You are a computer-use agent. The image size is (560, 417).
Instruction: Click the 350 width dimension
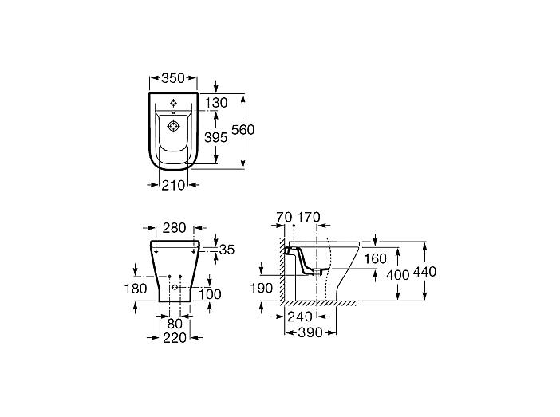pyautogui.click(x=173, y=78)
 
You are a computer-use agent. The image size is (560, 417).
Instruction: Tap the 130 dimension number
pyautogui.click(x=216, y=103)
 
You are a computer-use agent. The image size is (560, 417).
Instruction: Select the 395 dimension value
pyautogui.click(x=215, y=137)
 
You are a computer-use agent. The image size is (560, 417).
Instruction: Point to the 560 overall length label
pyautogui.click(x=243, y=130)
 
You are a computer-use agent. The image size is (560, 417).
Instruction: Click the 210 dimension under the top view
pyautogui.click(x=173, y=185)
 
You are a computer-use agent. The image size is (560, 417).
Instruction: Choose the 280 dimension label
pyautogui.click(x=174, y=227)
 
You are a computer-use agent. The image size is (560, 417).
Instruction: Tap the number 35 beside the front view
pyautogui.click(x=227, y=250)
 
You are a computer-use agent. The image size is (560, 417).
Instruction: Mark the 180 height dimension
pyautogui.click(x=136, y=289)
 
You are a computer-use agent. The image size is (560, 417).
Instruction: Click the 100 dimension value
pyautogui.click(x=210, y=294)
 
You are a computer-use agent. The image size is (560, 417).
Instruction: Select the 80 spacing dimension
pyautogui.click(x=175, y=324)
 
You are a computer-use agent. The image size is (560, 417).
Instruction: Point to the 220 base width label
pyautogui.click(x=175, y=338)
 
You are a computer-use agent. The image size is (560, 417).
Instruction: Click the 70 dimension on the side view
pyautogui.click(x=284, y=217)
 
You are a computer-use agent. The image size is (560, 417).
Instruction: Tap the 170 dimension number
pyautogui.click(x=309, y=217)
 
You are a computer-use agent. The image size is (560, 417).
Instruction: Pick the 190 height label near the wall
pyautogui.click(x=262, y=288)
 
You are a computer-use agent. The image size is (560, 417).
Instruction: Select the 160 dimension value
pyautogui.click(x=375, y=258)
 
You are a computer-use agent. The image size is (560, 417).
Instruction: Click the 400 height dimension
pyautogui.click(x=398, y=275)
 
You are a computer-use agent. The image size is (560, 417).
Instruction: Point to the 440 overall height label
pyautogui.click(x=424, y=272)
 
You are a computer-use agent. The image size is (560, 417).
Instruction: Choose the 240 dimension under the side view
pyautogui.click(x=300, y=317)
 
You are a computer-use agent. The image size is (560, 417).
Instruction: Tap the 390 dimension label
pyautogui.click(x=310, y=332)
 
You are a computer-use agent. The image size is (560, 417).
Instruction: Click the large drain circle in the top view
pyautogui.click(x=173, y=126)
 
